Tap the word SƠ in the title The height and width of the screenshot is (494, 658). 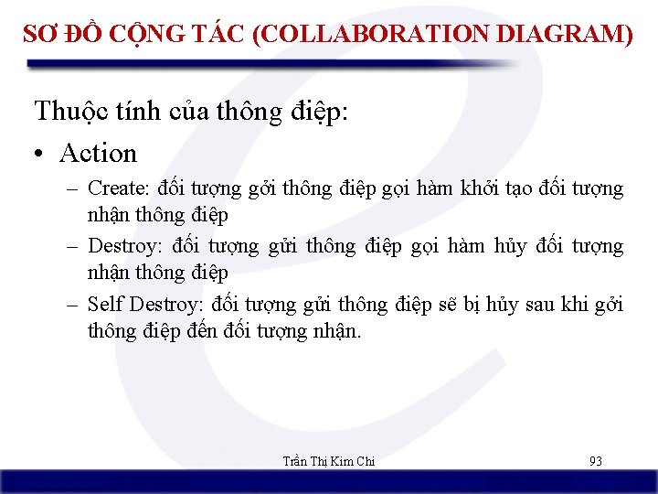tap(38, 35)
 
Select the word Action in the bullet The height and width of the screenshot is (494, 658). tap(98, 153)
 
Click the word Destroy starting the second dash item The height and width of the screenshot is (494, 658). tap(119, 246)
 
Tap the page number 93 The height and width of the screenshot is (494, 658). tap(596, 461)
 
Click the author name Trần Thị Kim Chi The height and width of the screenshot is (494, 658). tap(329, 461)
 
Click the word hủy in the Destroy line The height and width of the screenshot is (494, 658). tap(508, 246)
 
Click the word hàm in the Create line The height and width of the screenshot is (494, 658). tap(455, 189)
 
